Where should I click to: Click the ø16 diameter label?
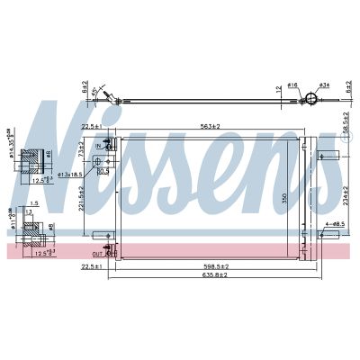(x=293, y=86)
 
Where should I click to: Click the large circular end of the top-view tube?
(x=310, y=100)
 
